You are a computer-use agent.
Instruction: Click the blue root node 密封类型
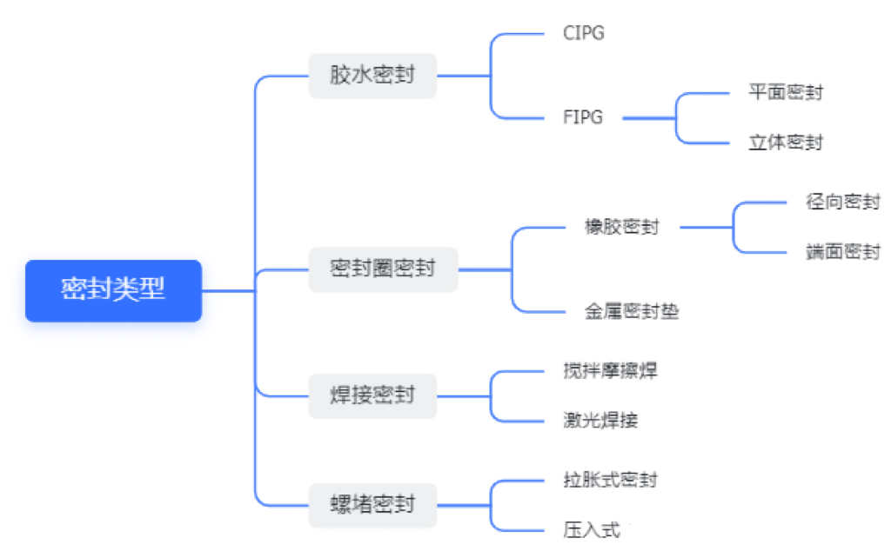[113, 290]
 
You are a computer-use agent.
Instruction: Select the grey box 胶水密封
[372, 75]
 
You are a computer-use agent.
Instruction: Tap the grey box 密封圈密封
[383, 269]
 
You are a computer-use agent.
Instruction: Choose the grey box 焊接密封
[372, 395]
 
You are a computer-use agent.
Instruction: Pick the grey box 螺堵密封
[372, 504]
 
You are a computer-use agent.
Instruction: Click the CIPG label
[584, 34]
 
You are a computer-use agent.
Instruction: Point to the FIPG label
[583, 117]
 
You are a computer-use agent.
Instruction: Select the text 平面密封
[785, 92]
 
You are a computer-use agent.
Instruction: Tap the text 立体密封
[785, 143]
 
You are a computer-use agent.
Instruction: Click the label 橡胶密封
[621, 228]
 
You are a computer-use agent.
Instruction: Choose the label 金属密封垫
[632, 311]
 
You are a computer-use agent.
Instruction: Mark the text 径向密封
[842, 202]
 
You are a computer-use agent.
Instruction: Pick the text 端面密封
[842, 253]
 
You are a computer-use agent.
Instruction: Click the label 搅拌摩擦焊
[610, 371]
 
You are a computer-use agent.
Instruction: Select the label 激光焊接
[600, 421]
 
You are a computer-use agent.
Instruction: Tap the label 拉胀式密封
[610, 480]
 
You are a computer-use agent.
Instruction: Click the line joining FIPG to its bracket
[648, 117]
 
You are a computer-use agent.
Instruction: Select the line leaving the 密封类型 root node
[228, 290]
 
